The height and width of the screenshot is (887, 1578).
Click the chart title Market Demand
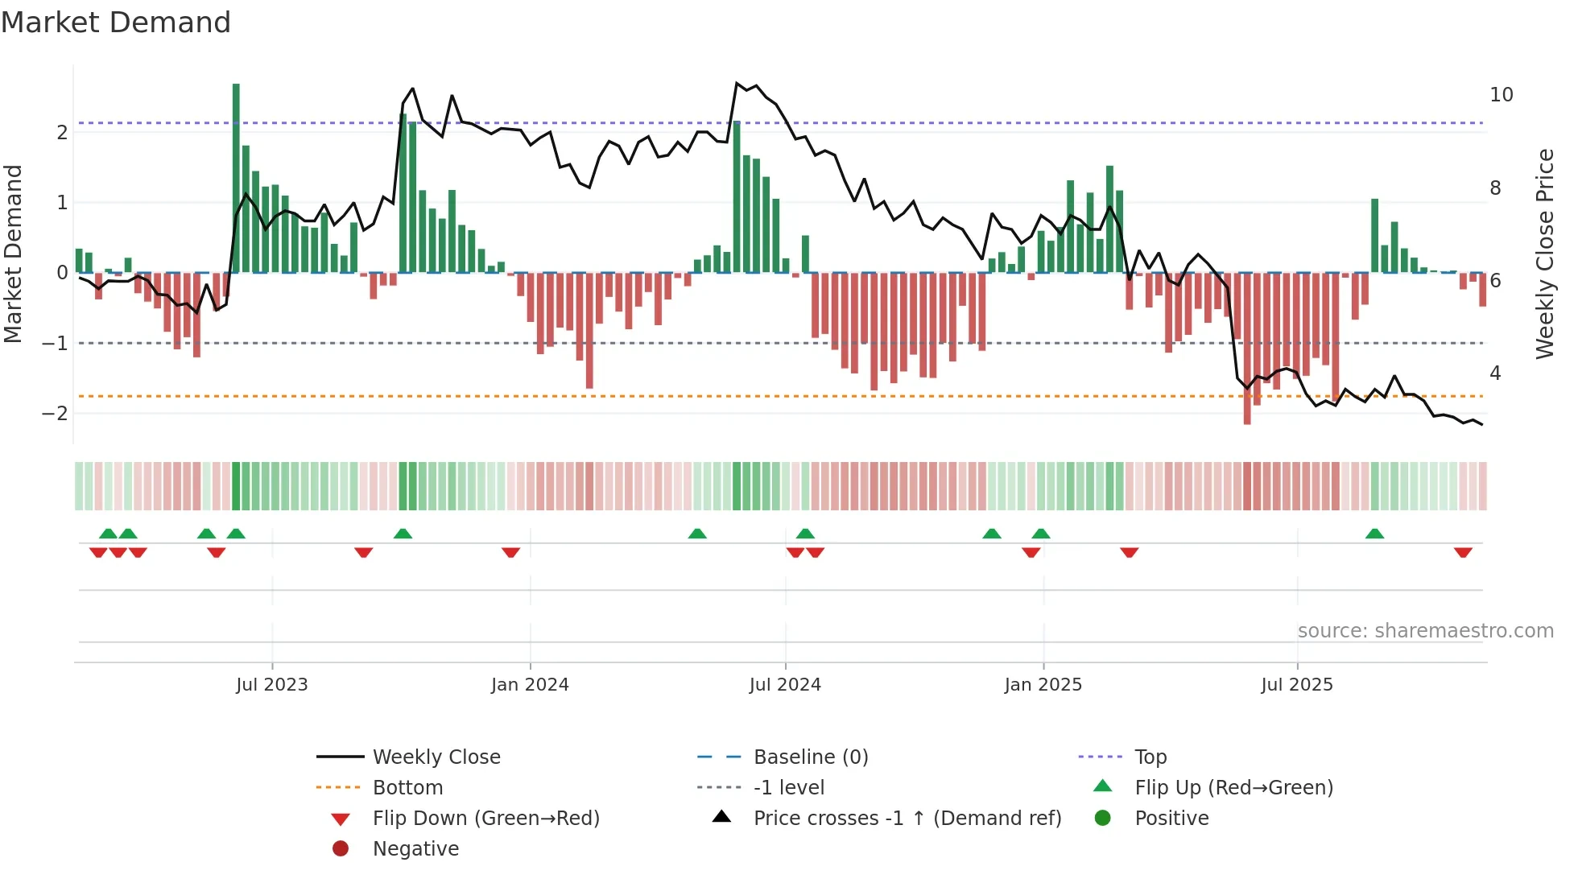tap(116, 23)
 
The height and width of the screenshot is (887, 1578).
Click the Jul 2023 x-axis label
tap(271, 685)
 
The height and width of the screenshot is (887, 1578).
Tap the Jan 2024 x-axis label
tap(530, 685)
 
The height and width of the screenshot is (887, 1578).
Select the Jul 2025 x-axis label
tap(1297, 685)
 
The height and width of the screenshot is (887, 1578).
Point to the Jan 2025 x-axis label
tap(1043, 685)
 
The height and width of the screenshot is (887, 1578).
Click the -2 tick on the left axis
tap(56, 414)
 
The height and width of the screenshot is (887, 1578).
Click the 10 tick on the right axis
tap(1501, 95)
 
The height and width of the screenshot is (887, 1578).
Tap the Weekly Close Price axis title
tap(1544, 254)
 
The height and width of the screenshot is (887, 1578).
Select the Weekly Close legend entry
tap(436, 757)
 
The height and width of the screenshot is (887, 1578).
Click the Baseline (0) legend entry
tap(810, 757)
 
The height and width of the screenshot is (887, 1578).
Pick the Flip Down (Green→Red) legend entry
tap(485, 819)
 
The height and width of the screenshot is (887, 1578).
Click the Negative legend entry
tap(415, 849)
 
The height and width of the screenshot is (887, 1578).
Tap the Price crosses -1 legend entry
tap(907, 819)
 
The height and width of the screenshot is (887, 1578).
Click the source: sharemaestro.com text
tap(1425, 631)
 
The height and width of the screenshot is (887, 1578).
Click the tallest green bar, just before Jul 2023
tap(236, 177)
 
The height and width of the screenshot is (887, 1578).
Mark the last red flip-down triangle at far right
tap(1463, 552)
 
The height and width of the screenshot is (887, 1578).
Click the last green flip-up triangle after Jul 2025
tap(1374, 534)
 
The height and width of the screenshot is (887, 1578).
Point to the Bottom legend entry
tap(407, 788)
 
